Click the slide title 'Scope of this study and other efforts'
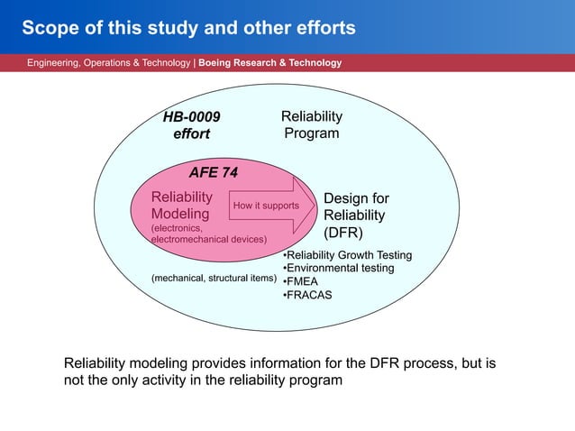coord(188,28)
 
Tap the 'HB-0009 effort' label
coord(191,125)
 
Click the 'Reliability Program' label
coord(312,125)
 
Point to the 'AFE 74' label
coord(213,172)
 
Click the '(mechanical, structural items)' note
coord(213,278)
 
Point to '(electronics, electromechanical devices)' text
coord(207,234)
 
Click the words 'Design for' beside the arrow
coord(356,198)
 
